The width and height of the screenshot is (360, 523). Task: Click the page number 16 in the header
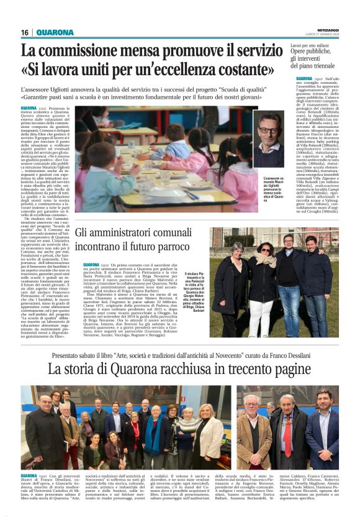pos(25,32)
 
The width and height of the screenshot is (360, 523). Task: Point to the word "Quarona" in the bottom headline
pos(122,369)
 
